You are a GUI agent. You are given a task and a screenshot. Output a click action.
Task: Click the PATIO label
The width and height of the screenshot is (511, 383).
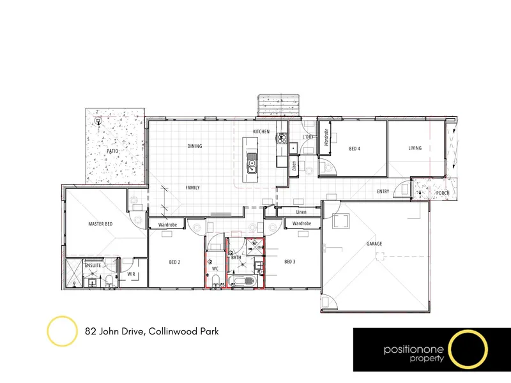point(112,151)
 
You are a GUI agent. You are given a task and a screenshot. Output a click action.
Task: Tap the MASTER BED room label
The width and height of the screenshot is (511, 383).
point(100,224)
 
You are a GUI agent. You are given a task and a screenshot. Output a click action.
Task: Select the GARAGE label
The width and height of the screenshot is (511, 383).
point(374,244)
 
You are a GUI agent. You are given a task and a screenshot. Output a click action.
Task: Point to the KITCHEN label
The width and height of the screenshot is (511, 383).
point(261,131)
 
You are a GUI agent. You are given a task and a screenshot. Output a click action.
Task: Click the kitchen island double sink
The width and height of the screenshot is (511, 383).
point(252,163)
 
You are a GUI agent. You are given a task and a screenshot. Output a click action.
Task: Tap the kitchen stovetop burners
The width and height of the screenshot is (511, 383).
point(282,139)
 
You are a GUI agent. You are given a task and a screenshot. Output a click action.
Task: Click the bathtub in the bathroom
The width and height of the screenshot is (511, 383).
point(243,281)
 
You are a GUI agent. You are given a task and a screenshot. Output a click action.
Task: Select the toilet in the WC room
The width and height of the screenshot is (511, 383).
point(215,281)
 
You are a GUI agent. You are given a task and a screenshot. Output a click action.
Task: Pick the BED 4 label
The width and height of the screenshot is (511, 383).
point(355,149)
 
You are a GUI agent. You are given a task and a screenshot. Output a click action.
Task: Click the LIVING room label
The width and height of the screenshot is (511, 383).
point(415,148)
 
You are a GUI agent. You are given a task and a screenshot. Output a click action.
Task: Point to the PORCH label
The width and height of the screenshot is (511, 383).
point(443,193)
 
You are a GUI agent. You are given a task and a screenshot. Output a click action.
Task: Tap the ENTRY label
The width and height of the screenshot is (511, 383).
point(383,191)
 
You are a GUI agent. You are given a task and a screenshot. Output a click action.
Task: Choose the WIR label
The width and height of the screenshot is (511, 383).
point(131,274)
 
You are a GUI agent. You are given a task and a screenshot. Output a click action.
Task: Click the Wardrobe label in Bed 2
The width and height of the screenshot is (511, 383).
point(167,225)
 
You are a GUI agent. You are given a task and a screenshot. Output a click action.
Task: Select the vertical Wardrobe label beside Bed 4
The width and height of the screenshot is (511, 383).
point(326,137)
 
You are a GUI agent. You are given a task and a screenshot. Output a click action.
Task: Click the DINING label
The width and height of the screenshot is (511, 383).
point(195,146)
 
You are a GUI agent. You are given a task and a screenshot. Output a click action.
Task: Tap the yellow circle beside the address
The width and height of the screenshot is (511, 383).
point(62,331)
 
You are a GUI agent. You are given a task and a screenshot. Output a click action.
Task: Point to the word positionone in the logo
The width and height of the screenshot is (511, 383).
point(413,350)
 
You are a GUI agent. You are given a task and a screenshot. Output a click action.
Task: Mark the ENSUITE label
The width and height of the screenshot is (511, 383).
point(93,266)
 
